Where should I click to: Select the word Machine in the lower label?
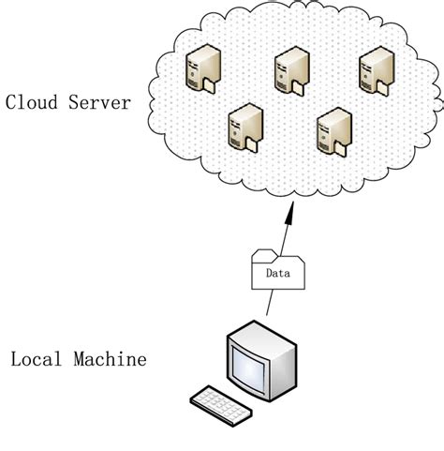110,359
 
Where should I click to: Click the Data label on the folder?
277,274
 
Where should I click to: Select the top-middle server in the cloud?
289,73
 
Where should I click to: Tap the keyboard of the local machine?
222,402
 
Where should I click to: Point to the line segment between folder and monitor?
270,303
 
